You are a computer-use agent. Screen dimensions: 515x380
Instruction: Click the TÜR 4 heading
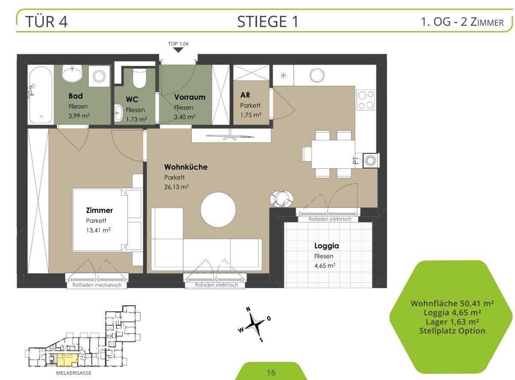(46, 22)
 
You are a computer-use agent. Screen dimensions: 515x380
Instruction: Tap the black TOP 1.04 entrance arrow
(178, 50)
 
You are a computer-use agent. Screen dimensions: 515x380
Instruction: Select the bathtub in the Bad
(41, 95)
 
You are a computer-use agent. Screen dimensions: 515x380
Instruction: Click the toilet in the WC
(139, 78)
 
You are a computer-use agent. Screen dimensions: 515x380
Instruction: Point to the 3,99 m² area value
(79, 116)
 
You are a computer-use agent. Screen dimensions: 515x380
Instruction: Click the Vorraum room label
(190, 97)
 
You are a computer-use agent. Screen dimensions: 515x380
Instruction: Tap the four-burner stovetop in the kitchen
(366, 100)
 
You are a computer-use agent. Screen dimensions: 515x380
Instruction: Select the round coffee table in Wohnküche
(218, 210)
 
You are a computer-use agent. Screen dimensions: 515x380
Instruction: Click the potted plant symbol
(282, 198)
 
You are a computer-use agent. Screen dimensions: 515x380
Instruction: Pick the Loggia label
(327, 246)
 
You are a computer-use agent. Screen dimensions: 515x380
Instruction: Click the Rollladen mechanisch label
(97, 285)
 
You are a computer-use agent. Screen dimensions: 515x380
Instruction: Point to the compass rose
(254, 325)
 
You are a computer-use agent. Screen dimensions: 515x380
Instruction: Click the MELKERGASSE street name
(73, 373)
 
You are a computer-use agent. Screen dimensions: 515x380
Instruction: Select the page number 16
(271, 373)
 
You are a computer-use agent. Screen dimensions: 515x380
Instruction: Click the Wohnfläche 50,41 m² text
(452, 304)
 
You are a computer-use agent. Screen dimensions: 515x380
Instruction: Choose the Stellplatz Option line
(452, 331)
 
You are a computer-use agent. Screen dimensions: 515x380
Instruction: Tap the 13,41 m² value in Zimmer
(98, 230)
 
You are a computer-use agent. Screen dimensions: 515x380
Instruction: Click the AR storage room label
(245, 95)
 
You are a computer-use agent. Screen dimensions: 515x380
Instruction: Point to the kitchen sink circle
(317, 75)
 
